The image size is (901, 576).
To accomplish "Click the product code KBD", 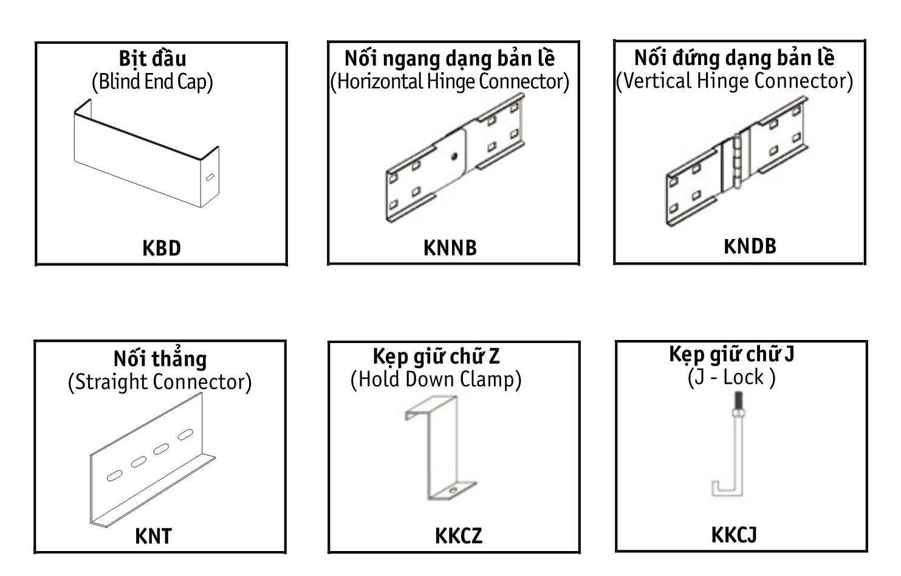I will pyautogui.click(x=161, y=248).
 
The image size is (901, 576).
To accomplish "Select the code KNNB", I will pyautogui.click(x=450, y=248).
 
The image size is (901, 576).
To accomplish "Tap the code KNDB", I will pyautogui.click(x=750, y=246).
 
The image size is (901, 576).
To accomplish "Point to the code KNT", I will pyautogui.click(x=153, y=536).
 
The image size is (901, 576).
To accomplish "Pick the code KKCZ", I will pyautogui.click(x=458, y=536).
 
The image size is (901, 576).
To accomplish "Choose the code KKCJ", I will pyautogui.click(x=733, y=535).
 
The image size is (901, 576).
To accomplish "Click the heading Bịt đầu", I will pyautogui.click(x=152, y=58).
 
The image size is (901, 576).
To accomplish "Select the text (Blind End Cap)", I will pyautogui.click(x=152, y=82).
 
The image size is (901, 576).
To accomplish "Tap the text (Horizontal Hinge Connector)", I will pyautogui.click(x=450, y=81).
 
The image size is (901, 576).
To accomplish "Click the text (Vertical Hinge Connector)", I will pyautogui.click(x=735, y=80).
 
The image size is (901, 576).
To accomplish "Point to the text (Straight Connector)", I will pyautogui.click(x=159, y=382).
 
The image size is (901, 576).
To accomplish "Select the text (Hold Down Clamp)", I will pyautogui.click(x=436, y=379).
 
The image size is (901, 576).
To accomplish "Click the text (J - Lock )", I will pyautogui.click(x=731, y=377).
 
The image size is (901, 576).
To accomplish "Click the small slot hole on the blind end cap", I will pyautogui.click(x=209, y=178).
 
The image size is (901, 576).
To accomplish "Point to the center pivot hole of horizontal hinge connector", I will pyautogui.click(x=453, y=156).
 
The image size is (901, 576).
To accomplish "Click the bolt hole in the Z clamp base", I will pyautogui.click(x=452, y=489).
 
